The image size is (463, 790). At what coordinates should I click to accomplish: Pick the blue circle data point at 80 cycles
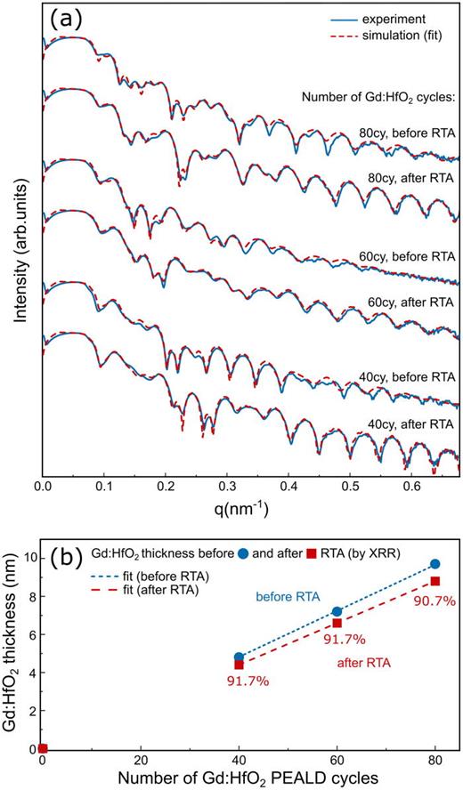(x=435, y=564)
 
